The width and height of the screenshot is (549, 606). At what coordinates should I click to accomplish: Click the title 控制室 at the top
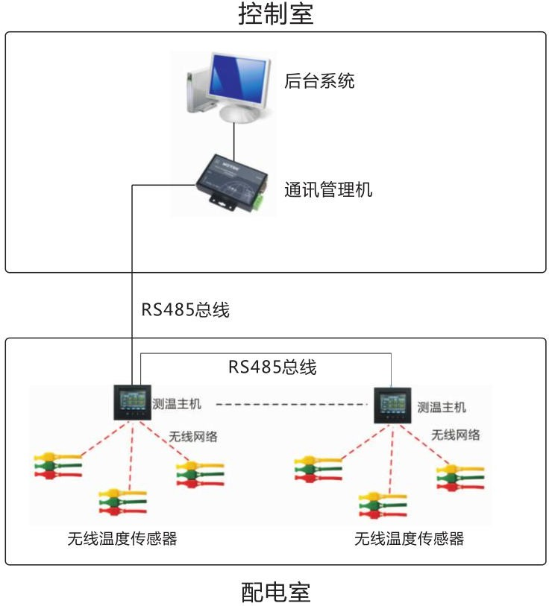(x=275, y=14)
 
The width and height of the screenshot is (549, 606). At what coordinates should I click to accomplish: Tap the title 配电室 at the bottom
(x=275, y=593)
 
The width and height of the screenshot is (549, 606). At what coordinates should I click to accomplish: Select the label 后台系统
(x=319, y=81)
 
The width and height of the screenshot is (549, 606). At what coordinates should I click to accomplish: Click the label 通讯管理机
(x=328, y=190)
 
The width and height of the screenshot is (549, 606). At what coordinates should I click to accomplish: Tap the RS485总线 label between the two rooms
(x=186, y=310)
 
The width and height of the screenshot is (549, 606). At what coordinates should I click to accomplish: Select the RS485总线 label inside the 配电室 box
(x=272, y=367)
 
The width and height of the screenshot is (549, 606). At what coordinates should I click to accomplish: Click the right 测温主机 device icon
(x=390, y=403)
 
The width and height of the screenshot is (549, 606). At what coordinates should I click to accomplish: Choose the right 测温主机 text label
(x=442, y=407)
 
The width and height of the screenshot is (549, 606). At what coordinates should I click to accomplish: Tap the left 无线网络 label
(x=193, y=437)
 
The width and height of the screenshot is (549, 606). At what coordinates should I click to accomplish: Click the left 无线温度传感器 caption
(x=122, y=539)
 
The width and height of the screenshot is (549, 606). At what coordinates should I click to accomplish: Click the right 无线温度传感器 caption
(x=409, y=539)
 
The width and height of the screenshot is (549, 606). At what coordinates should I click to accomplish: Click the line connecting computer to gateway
(x=234, y=138)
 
